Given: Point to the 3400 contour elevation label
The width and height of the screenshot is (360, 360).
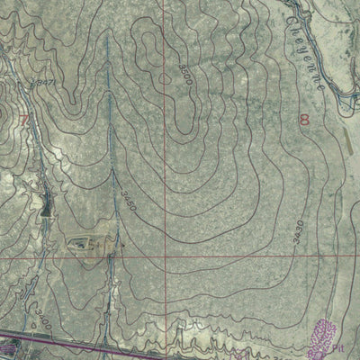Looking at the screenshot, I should tap(41, 318).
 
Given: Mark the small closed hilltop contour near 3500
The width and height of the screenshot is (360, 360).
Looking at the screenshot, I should tap(164, 78).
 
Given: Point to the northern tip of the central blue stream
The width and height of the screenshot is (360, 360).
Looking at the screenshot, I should tap(109, 36).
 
